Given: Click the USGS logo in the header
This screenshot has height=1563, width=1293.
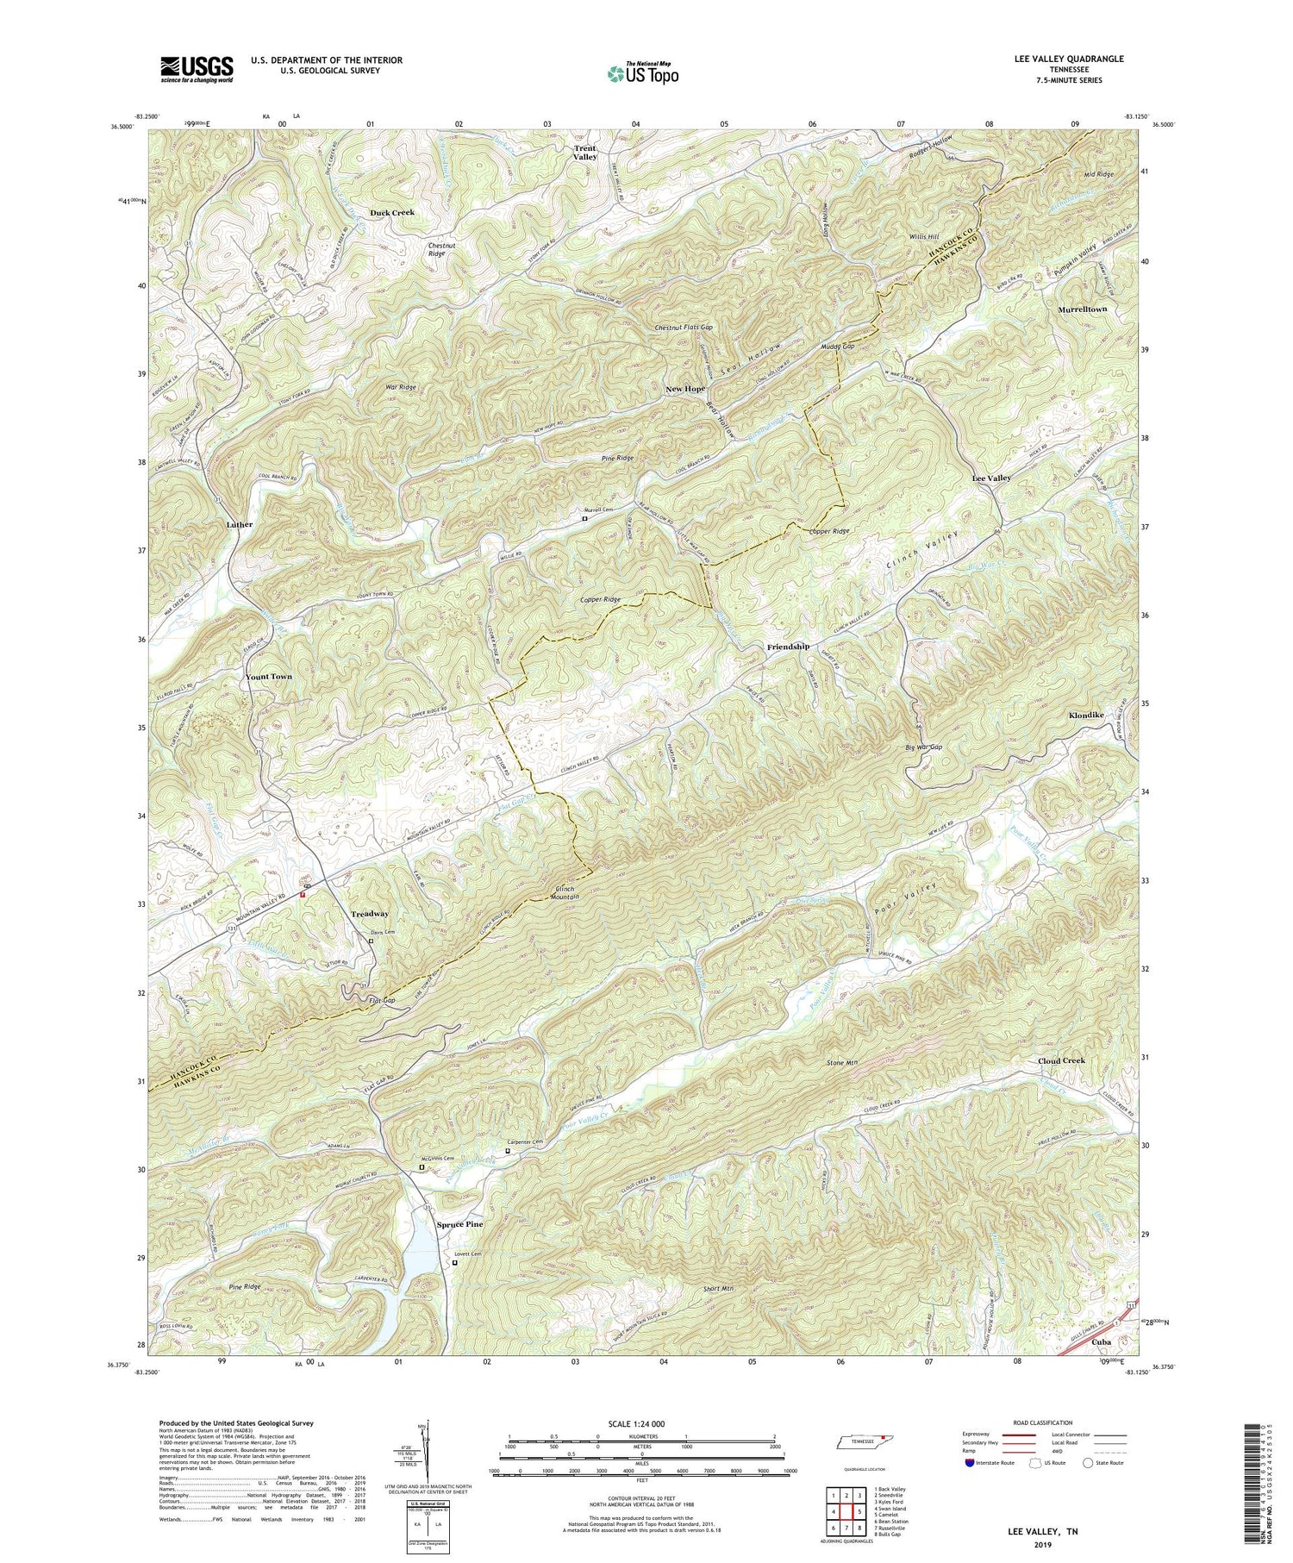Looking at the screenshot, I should pos(197,69).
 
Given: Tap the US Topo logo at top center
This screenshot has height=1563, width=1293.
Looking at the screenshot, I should pos(643,74).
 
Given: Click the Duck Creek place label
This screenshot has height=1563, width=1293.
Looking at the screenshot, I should pos(392,212).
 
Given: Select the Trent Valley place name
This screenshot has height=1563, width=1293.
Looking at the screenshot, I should pos(585,153).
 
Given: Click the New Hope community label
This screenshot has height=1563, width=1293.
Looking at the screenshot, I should pos(685,389).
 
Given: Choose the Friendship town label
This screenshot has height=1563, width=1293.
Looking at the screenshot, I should pos(788,647).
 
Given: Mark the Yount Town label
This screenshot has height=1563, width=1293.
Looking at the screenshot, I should pos(269,677).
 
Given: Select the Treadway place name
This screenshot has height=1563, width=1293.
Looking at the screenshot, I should pos(370,914).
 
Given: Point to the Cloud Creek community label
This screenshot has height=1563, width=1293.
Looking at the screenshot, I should pos(1061,1060).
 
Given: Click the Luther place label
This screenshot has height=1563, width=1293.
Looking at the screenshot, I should pos(240,524).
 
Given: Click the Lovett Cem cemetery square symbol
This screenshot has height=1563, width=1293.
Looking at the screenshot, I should pos(455,1263).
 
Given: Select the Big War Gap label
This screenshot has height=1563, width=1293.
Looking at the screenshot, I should pos(923,747).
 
